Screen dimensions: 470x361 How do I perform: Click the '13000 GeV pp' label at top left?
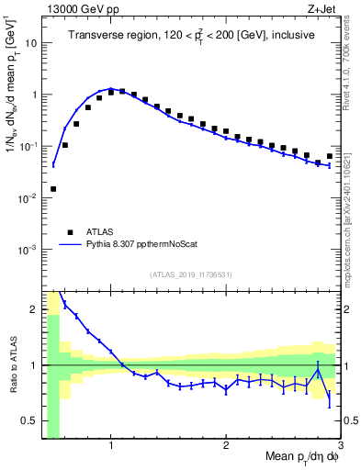point(78,9)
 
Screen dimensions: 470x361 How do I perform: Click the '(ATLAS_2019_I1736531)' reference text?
point(191,274)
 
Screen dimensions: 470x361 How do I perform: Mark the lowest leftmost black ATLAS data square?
point(53,189)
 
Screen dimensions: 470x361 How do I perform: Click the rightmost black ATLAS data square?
point(330,156)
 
